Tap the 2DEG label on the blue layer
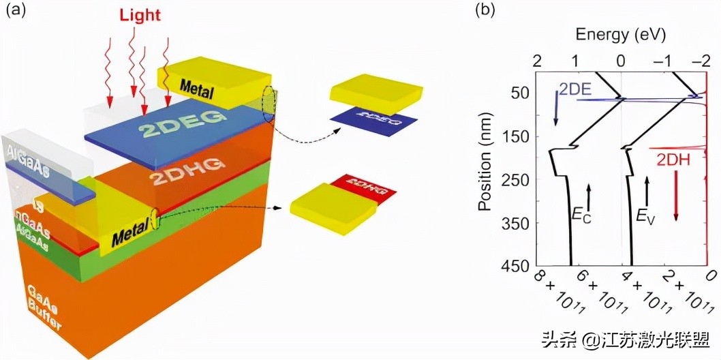(x=179, y=117)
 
